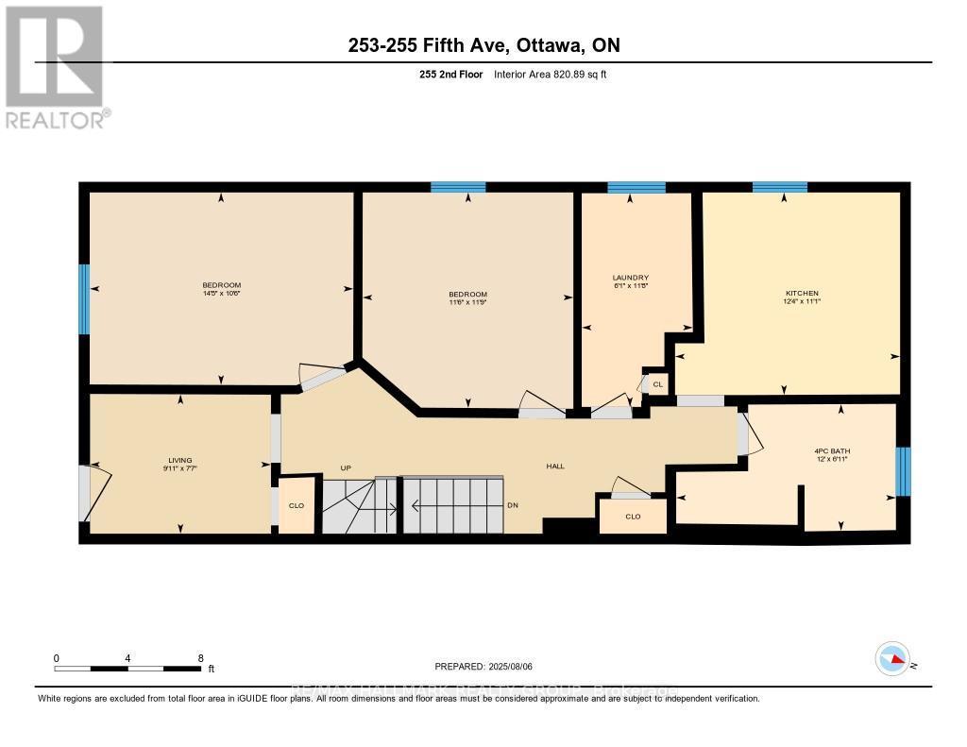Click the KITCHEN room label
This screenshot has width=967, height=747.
tap(802, 293)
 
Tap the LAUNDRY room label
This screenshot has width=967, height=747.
tap(630, 277)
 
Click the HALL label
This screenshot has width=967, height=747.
tap(555, 466)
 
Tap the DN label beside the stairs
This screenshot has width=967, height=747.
tap(513, 506)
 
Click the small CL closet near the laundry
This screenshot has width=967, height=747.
tap(658, 384)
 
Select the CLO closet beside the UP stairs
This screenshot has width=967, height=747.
tap(297, 506)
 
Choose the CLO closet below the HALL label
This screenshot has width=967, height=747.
tap(633, 517)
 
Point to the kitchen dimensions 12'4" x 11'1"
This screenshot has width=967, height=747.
tap(802, 303)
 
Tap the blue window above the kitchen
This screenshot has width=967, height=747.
tap(779, 186)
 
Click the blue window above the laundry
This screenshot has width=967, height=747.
tap(636, 186)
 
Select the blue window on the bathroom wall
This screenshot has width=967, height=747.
tap(904, 471)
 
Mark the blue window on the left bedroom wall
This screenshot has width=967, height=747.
tap(84, 299)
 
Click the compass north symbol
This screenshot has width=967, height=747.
tap(892, 659)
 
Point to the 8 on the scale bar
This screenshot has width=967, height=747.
tap(200, 658)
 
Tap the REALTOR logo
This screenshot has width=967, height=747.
tap(55, 66)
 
